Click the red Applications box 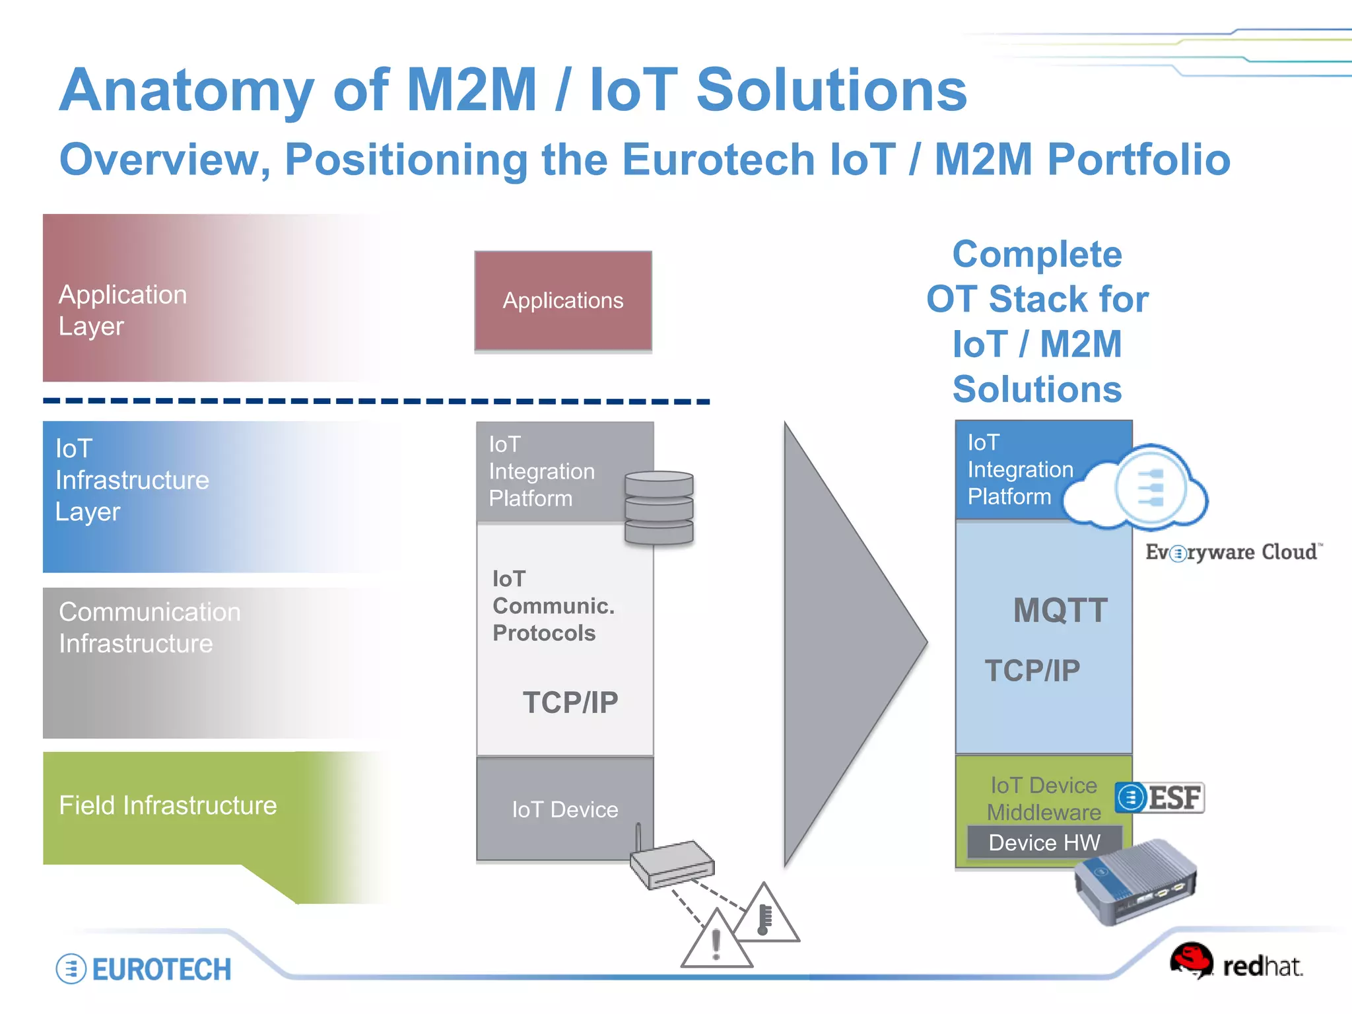(563, 300)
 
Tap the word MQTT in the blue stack (1060, 610)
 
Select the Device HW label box (1044, 842)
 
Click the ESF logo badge (1160, 797)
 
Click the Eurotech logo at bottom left (144, 969)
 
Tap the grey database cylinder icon (659, 507)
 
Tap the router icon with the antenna (670, 862)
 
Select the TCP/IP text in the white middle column (570, 702)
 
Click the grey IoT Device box (565, 809)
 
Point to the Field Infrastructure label (168, 805)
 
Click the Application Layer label (123, 310)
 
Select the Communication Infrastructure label (149, 628)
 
